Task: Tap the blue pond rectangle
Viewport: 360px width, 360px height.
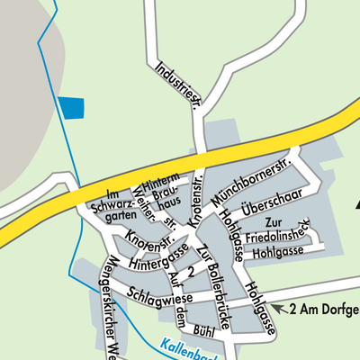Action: tap(70, 107)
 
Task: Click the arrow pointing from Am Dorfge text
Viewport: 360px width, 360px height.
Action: tap(280, 309)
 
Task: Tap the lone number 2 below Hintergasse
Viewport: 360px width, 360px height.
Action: tap(190, 271)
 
